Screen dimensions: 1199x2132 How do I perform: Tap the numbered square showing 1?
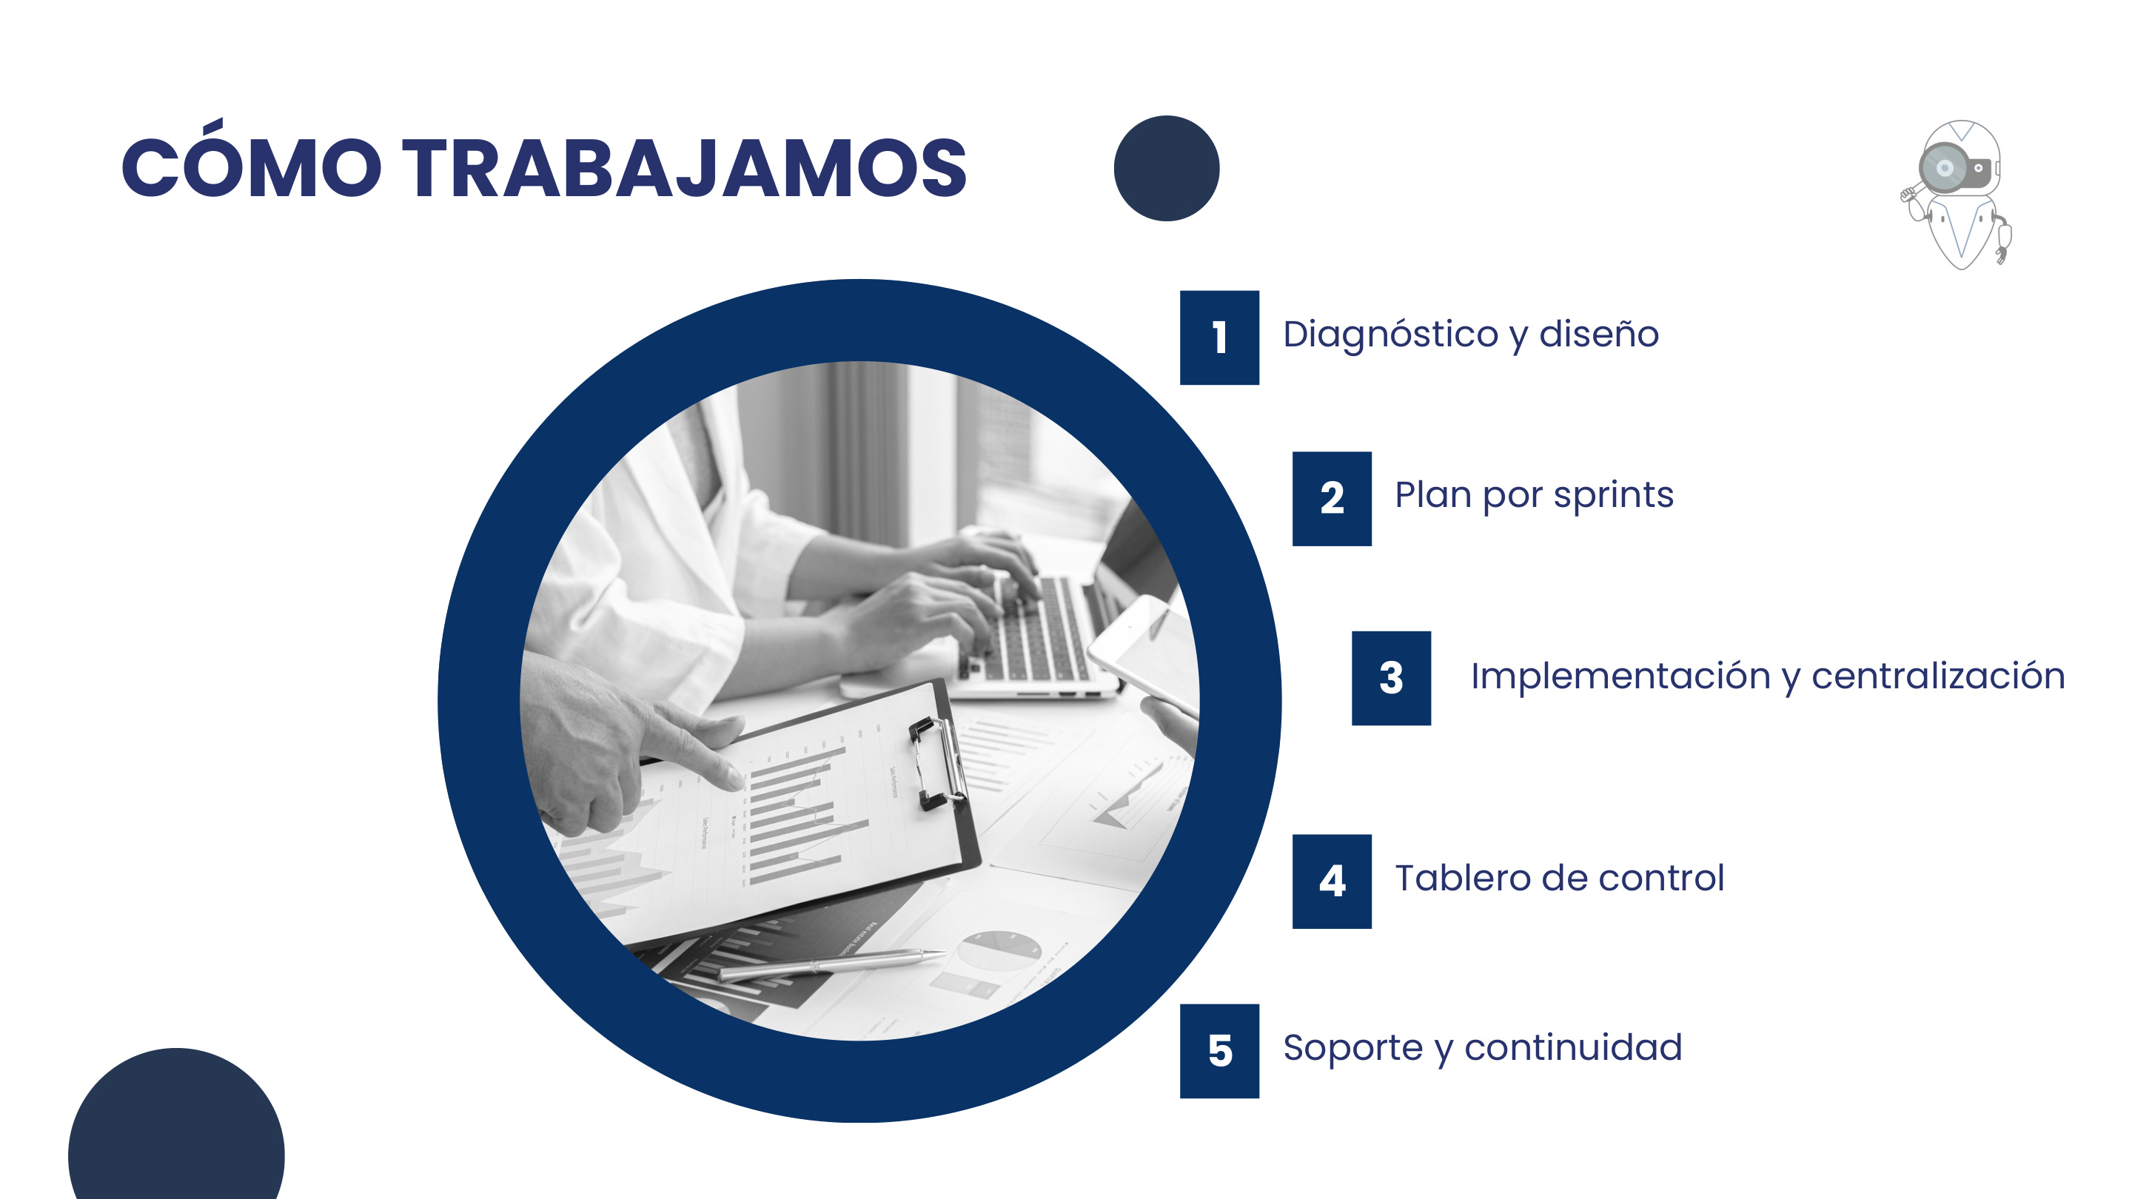pyautogui.click(x=1219, y=337)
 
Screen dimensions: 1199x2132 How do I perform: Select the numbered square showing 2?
pyautogui.click(x=1332, y=498)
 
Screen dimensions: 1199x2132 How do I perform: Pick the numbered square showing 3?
pyautogui.click(x=1391, y=679)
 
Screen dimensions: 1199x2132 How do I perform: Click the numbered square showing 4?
pyautogui.click(x=1332, y=881)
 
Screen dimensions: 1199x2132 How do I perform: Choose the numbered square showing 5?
pyautogui.click(x=1219, y=1051)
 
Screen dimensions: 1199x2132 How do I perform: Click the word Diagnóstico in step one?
pyautogui.click(x=1390, y=335)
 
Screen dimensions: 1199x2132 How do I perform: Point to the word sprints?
pyautogui.click(x=1613, y=495)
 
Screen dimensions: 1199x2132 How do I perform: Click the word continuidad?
pyautogui.click(x=1572, y=1047)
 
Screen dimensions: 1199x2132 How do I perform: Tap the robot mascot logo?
pyautogui.click(x=1958, y=195)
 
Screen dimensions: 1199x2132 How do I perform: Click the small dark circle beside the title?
pyautogui.click(x=1166, y=168)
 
